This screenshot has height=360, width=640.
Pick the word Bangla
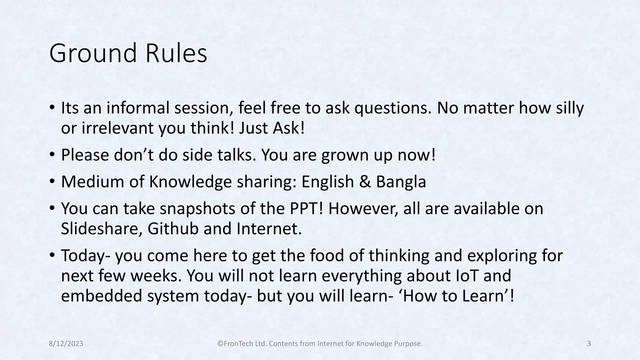tap(401, 182)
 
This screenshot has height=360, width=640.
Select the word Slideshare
tap(102, 228)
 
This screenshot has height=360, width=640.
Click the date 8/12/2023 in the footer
tap(66, 344)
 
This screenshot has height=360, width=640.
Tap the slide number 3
tap(589, 344)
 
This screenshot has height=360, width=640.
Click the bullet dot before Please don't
tap(52, 154)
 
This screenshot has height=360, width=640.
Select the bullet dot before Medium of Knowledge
tap(52, 181)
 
